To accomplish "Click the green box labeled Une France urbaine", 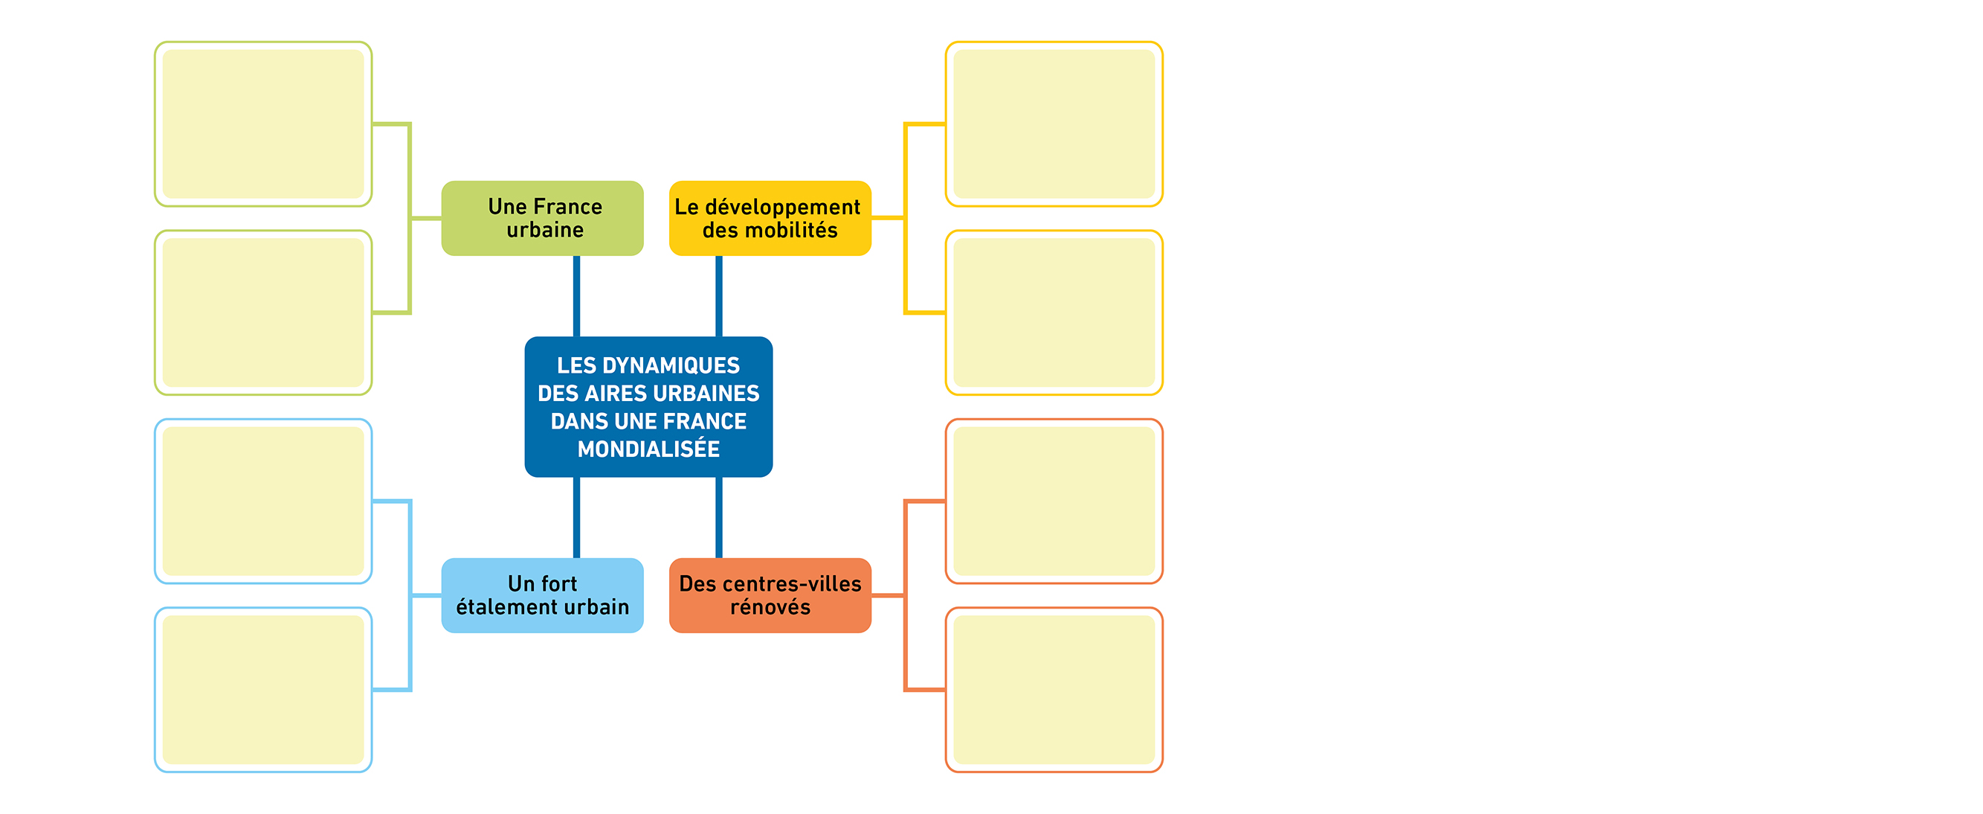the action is pos(542,218).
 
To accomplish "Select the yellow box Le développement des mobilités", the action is pos(770,218).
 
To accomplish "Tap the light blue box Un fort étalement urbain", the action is pos(542,595).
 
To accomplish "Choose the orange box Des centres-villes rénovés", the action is pos(770,595).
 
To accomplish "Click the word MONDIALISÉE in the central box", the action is pos(648,449).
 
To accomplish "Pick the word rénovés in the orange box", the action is pos(770,607).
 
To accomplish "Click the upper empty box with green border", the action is pos(263,124).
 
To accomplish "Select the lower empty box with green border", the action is pos(263,313).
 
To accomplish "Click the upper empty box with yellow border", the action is pos(1054,124).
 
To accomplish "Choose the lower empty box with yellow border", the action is pos(1054,313).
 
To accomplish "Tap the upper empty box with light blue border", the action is pos(263,501).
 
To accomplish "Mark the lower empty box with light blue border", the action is pos(263,690).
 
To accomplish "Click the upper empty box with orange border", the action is pos(1054,501).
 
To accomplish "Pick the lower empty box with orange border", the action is pos(1054,690).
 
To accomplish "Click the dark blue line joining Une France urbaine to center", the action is pos(575,295).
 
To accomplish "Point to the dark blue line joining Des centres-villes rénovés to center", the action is pos(719,518).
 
